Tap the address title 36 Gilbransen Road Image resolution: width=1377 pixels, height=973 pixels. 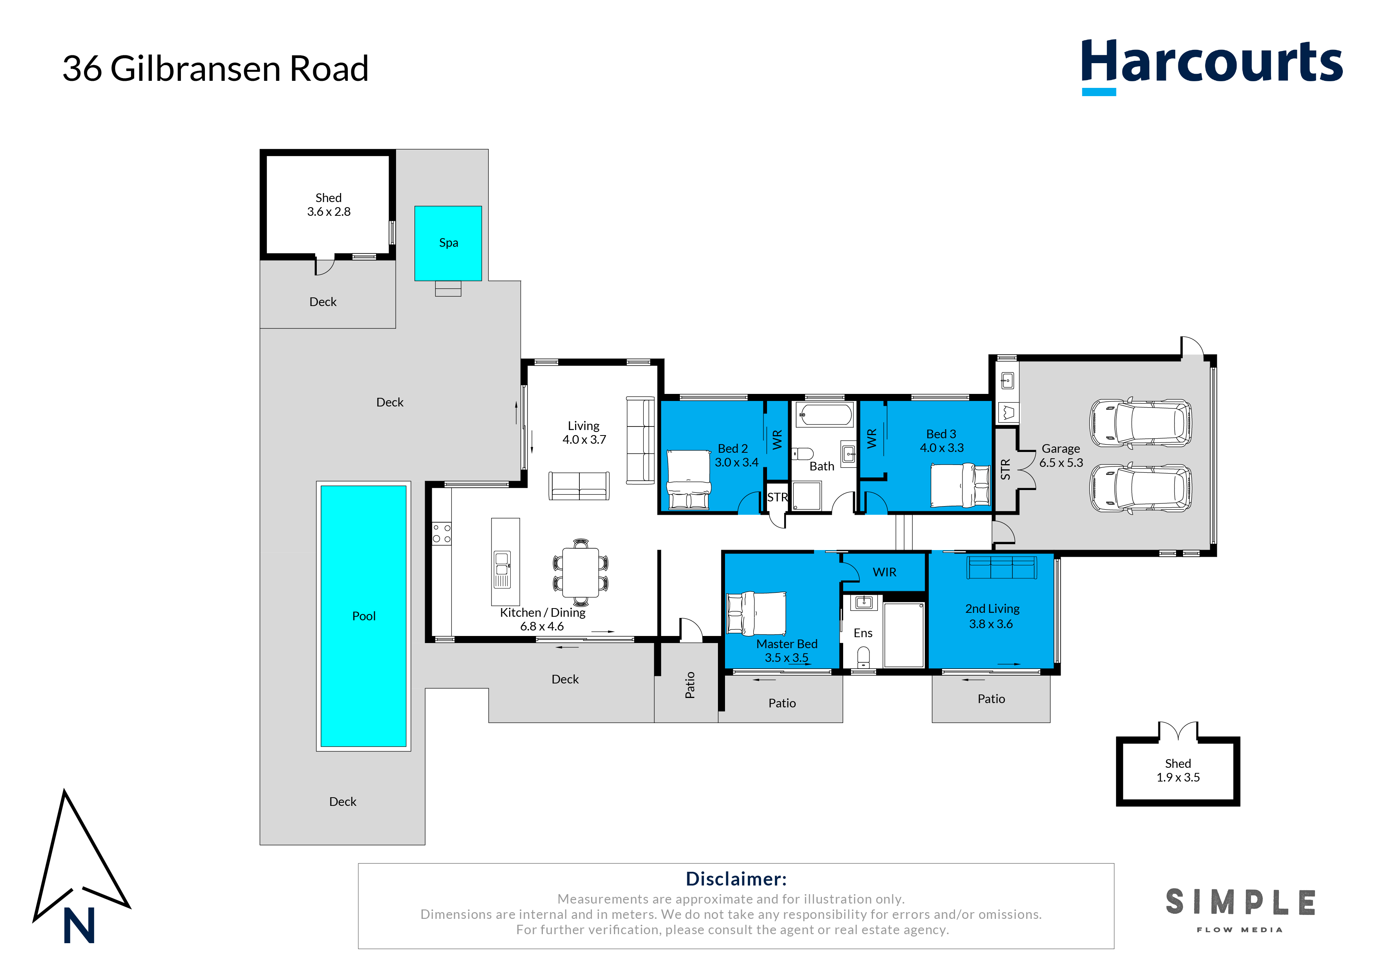coord(215,68)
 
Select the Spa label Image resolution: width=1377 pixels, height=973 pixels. coord(449,243)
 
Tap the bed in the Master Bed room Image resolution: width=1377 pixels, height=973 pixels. coord(756,613)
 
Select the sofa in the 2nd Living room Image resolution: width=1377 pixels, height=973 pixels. coord(1002,567)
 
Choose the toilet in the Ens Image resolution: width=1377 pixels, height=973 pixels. coord(864,657)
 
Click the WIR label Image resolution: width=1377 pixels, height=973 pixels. coord(885,572)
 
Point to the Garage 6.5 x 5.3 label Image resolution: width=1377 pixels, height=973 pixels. coord(1061,456)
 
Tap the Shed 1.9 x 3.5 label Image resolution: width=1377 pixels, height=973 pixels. coord(1178,771)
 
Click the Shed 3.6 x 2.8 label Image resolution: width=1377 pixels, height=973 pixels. coord(329,204)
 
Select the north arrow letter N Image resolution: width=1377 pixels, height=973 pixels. coord(79,925)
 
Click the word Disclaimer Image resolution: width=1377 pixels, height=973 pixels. coord(736,879)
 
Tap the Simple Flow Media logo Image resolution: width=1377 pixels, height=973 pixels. coord(1240,910)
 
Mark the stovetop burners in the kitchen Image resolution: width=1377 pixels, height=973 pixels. coord(442,534)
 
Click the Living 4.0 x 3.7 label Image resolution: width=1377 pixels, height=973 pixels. coord(584,432)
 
